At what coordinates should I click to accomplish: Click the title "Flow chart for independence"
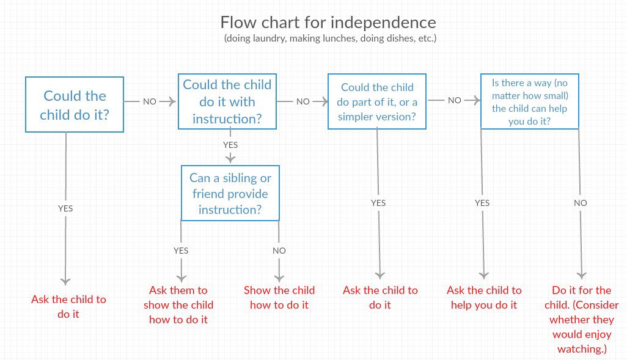coord(328,23)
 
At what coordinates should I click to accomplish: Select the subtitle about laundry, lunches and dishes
coord(330,39)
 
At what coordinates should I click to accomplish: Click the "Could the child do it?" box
coord(75,105)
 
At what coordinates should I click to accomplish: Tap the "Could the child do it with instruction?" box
coord(227,101)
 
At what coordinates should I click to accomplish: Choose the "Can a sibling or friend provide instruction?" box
coord(230,193)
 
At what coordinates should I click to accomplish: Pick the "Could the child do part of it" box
coord(377,101)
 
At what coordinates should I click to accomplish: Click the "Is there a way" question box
coord(529,101)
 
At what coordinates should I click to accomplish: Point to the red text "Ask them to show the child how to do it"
coord(178,305)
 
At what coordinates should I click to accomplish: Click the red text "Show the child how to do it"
coord(279,298)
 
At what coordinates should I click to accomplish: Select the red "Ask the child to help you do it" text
coord(484,298)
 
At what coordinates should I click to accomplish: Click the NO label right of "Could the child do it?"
coord(150,101)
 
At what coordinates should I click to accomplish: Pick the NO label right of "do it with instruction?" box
coord(303,101)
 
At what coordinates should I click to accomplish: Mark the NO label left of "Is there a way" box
coord(454,100)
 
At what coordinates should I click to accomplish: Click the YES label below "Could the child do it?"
coord(65,208)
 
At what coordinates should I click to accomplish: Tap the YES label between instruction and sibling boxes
coord(230,145)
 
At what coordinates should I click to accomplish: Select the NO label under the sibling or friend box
coord(279,251)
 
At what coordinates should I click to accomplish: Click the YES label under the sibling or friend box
coord(181,251)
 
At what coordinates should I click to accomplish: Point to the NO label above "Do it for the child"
coord(581,203)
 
